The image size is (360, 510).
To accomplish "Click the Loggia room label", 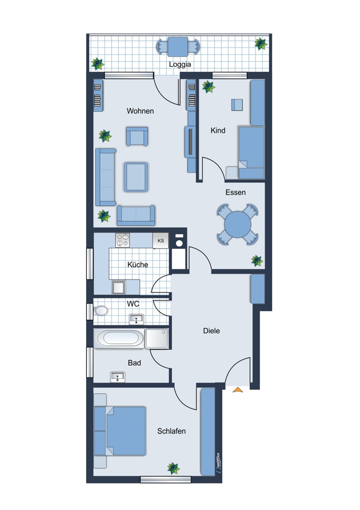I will click(180, 65).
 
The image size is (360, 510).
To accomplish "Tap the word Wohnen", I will click(140, 111).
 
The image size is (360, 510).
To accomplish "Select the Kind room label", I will click(218, 131).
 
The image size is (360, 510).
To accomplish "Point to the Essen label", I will click(236, 192).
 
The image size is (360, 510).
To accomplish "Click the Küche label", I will click(138, 265).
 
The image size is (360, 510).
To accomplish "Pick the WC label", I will click(133, 303).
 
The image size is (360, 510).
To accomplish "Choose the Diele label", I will click(211, 330).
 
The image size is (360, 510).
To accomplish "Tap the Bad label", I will click(135, 363).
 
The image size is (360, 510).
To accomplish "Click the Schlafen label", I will click(171, 431).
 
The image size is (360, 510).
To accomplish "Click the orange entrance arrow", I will click(238, 390).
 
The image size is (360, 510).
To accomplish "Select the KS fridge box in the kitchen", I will click(161, 240).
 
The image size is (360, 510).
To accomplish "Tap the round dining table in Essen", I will click(238, 224).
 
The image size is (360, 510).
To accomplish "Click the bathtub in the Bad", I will click(120, 338).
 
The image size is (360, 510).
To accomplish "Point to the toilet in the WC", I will click(101, 310).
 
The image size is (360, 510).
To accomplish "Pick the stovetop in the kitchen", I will click(122, 240).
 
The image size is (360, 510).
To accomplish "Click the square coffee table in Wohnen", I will click(136, 176).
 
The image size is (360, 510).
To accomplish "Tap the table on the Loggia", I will click(178, 46).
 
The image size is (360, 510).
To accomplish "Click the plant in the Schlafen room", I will click(174, 468).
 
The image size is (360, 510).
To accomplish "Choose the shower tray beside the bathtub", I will click(157, 338).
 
